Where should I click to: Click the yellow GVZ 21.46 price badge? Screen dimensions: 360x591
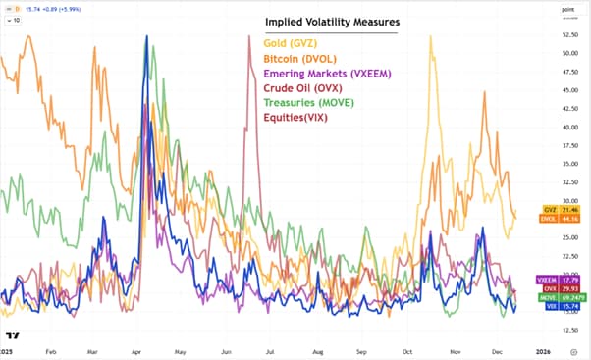click(555, 210)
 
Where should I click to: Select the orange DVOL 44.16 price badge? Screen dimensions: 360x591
click(555, 219)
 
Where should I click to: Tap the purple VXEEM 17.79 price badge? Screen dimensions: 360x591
click(556, 281)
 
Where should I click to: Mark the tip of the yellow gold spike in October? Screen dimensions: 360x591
click(430, 36)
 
